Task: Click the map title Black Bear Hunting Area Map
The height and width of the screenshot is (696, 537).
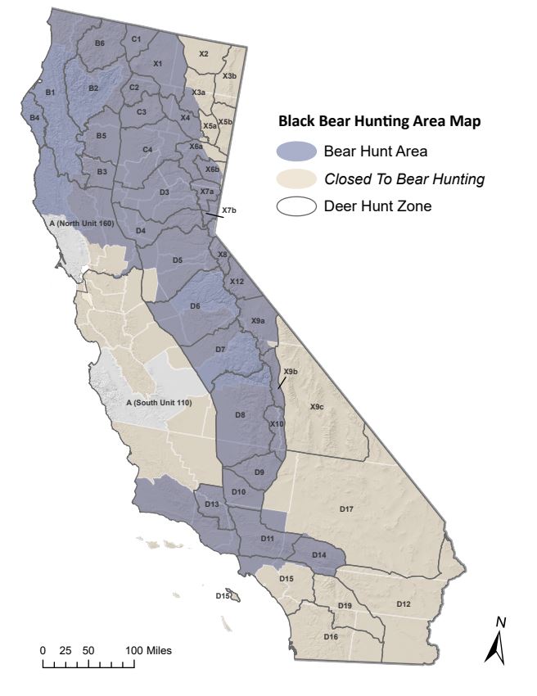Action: point(378,122)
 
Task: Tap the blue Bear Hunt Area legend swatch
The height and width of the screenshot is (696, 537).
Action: point(296,151)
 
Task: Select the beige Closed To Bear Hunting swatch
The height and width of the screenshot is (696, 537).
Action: point(296,179)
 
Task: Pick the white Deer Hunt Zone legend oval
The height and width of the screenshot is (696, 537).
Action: point(296,207)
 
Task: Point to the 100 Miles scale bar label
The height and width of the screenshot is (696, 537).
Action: point(147,650)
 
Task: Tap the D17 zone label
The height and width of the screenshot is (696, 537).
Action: point(346,509)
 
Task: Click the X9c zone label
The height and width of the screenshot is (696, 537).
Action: point(317,407)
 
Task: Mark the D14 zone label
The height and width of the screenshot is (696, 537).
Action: point(319,555)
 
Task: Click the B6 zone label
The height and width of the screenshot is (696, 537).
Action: point(99,43)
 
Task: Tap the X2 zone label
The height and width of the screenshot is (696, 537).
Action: point(204,53)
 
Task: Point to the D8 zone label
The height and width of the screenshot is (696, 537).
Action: point(240,415)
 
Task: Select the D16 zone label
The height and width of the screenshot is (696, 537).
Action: point(331,636)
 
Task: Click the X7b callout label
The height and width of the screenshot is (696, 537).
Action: point(228,210)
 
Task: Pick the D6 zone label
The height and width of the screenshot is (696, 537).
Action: point(195,305)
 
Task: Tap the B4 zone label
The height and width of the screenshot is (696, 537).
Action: point(34,118)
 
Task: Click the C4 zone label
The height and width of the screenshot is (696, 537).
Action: point(147,150)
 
